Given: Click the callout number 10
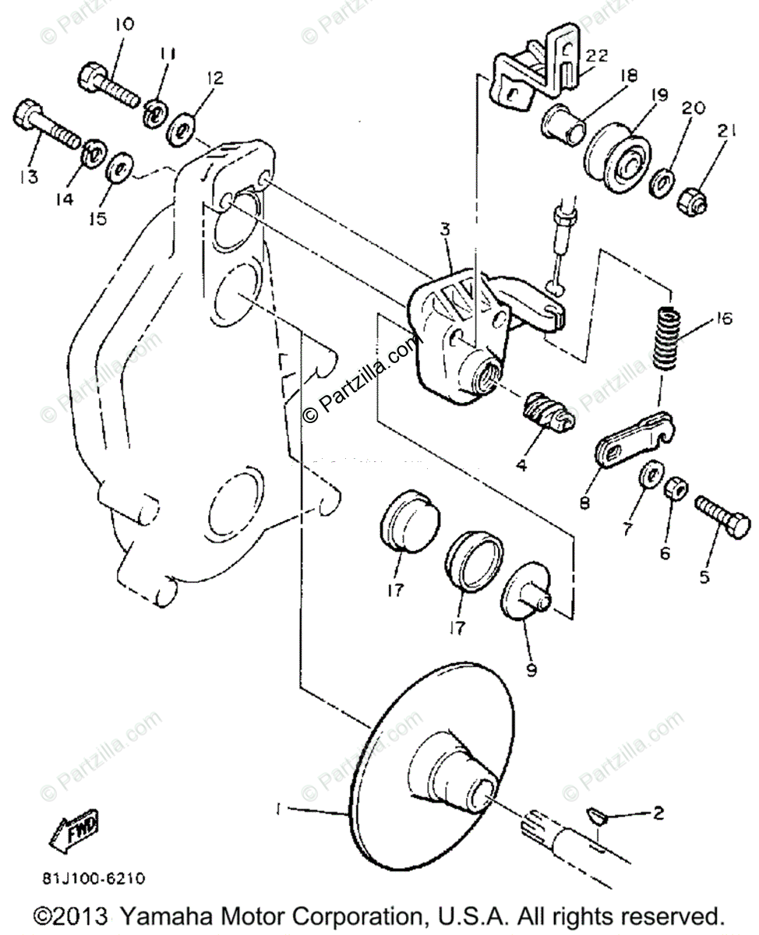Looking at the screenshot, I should click(123, 25).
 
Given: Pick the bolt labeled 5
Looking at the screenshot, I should click(721, 513).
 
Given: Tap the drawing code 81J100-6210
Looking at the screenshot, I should click(94, 879).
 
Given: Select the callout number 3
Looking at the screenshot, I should click(445, 230).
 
